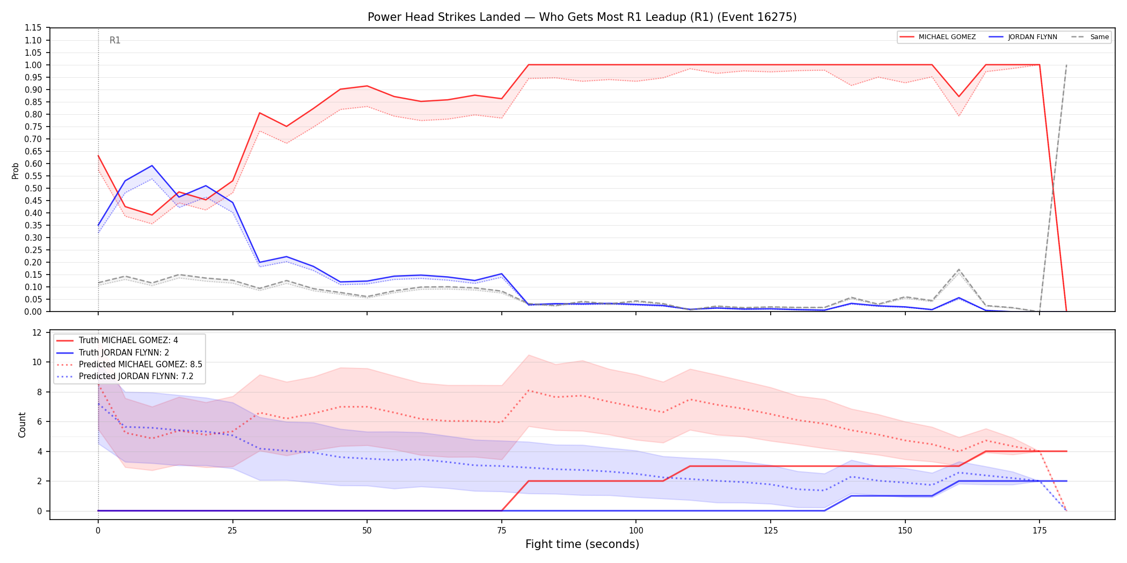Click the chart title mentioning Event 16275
click(x=582, y=17)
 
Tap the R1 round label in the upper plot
click(x=115, y=40)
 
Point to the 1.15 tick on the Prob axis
click(x=33, y=28)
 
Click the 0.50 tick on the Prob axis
click(x=33, y=188)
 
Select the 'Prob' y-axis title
click(x=15, y=171)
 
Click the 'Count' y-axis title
click(x=22, y=425)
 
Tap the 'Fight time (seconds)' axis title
click(x=582, y=544)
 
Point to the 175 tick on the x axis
click(x=1040, y=531)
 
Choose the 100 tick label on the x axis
click(x=636, y=531)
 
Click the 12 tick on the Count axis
click(x=37, y=332)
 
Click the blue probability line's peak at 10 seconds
click(x=152, y=166)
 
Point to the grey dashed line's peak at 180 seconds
click(x=1066, y=65)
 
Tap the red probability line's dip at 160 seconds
click(x=958, y=97)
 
